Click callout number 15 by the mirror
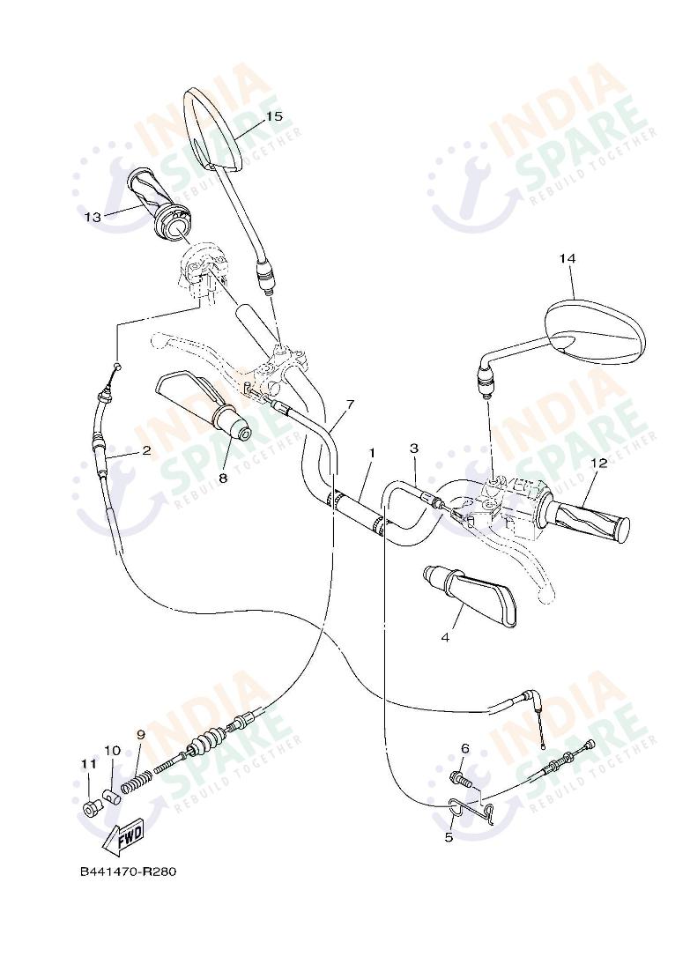(x=273, y=116)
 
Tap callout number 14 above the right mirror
(x=567, y=258)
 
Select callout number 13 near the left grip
(x=93, y=216)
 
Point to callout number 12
(x=599, y=463)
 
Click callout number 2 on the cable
(x=146, y=450)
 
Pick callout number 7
(x=350, y=404)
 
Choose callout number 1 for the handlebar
(x=372, y=452)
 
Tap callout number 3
(x=413, y=449)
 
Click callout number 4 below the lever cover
(x=445, y=637)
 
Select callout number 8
(x=222, y=478)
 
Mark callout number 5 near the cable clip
(x=449, y=836)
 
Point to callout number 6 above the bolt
(x=464, y=749)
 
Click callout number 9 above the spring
(x=140, y=734)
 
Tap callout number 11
(x=87, y=764)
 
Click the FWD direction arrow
(x=122, y=837)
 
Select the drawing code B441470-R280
(x=129, y=872)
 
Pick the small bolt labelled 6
(x=461, y=780)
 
